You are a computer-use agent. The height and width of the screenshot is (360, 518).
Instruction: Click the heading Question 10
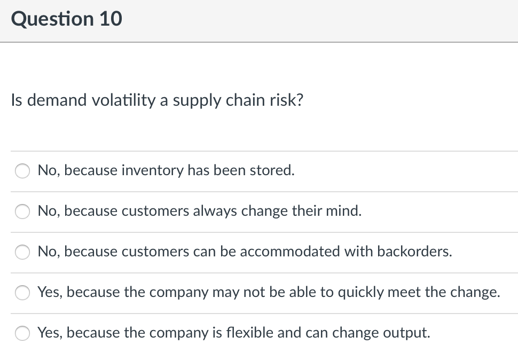click(x=66, y=19)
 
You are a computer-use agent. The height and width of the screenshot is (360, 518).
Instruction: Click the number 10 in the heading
click(x=110, y=19)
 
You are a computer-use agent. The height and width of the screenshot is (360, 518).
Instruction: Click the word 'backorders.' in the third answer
click(x=415, y=252)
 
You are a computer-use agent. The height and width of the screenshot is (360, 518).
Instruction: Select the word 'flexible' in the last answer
click(x=257, y=333)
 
